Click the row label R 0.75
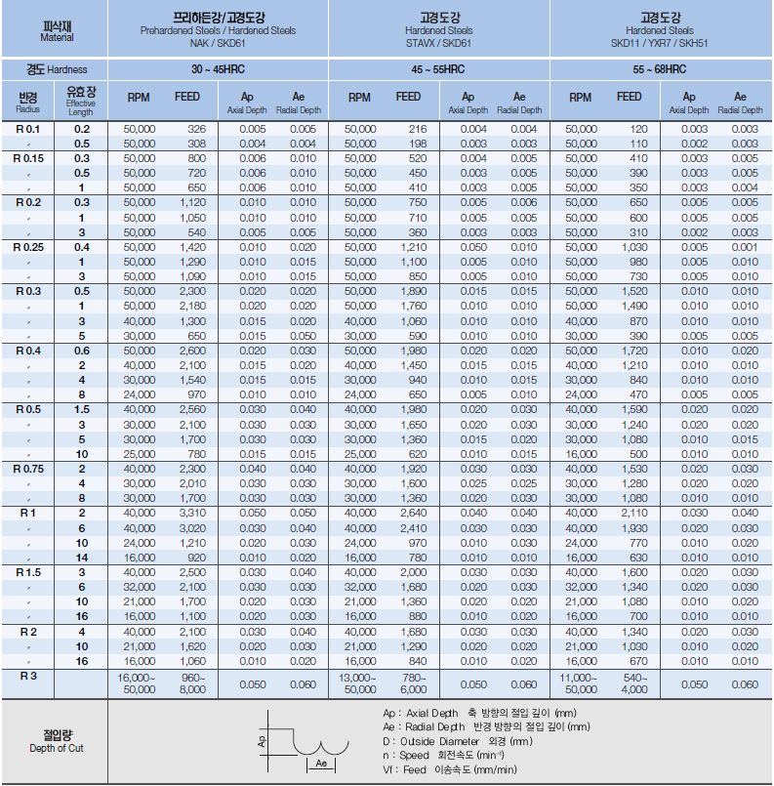pyautogui.click(x=27, y=469)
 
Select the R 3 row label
pyautogui.click(x=27, y=674)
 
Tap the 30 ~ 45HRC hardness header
pyautogui.click(x=218, y=69)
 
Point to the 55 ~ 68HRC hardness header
pyautogui.click(x=660, y=69)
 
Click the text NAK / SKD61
pyautogui.click(x=218, y=42)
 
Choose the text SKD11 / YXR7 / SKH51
pyautogui.click(x=660, y=42)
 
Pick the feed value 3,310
pyautogui.click(x=190, y=513)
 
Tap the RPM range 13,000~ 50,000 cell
pyautogui.click(x=359, y=683)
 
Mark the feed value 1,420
pyautogui.click(x=190, y=247)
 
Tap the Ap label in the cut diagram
pyautogui.click(x=262, y=741)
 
